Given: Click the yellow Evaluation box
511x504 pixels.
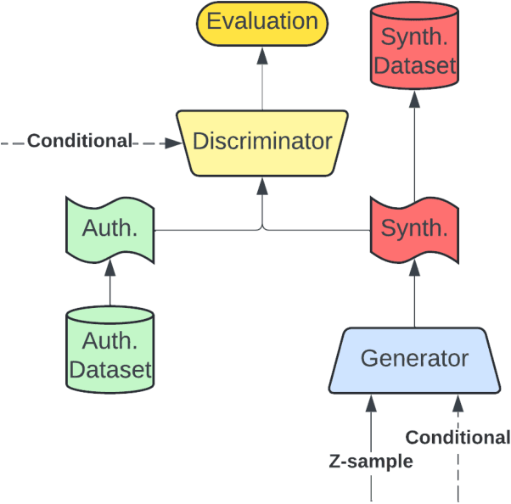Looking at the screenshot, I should [x=262, y=23].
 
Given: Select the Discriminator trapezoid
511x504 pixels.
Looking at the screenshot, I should [x=262, y=142].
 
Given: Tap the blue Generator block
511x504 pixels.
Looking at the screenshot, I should [x=414, y=360].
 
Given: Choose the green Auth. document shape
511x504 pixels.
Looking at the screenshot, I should [x=109, y=229].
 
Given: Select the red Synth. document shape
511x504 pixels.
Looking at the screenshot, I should [x=414, y=229].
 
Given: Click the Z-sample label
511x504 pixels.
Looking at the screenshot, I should [x=371, y=462].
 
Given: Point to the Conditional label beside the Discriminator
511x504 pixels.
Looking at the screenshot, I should [x=80, y=141].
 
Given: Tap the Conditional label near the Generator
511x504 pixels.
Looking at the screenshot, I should [x=458, y=438].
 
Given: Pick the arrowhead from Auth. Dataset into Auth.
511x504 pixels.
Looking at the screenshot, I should [x=109, y=270].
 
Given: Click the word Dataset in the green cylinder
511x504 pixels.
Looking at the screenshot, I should [x=110, y=370].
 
